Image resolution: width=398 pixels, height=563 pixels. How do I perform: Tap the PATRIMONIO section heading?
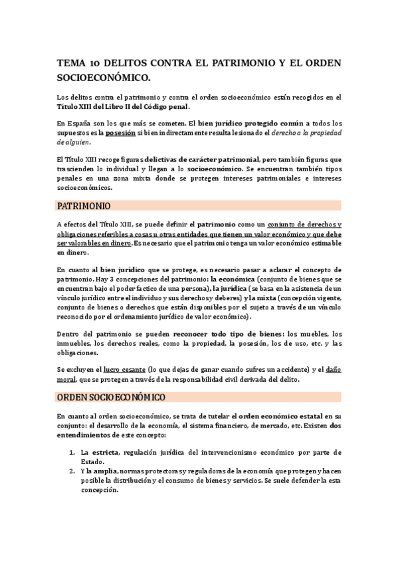coord(84,206)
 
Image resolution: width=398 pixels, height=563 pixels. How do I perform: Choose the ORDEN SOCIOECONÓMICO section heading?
coord(111,397)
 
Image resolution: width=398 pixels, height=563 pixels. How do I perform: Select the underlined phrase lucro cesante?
coord(120,370)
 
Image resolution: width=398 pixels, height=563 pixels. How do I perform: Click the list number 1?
coord(72,453)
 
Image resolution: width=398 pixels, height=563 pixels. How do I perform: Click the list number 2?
coord(72,471)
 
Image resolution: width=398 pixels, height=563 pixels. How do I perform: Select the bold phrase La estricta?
coord(98,453)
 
